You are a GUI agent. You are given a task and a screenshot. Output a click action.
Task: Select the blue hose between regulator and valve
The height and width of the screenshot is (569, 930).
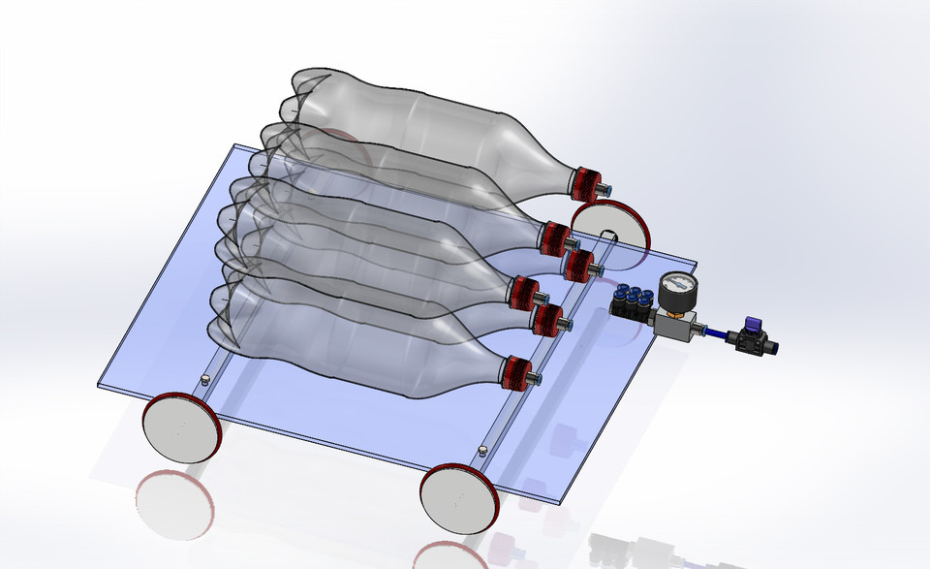pos(718,334)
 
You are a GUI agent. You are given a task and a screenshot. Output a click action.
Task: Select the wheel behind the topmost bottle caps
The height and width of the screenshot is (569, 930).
pos(611,234)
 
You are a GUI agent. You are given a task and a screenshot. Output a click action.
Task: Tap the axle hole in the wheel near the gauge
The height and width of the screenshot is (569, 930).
pos(606,236)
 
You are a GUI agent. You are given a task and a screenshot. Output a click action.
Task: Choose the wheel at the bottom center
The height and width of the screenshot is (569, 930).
pos(460,499)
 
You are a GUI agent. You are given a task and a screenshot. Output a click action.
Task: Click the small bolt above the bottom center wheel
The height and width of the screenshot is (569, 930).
pos(482,450)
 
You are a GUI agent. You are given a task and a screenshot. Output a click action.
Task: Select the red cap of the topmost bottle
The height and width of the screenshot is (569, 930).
pos(585,182)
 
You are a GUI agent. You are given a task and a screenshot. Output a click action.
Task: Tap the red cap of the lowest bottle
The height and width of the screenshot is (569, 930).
pos(515,372)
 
